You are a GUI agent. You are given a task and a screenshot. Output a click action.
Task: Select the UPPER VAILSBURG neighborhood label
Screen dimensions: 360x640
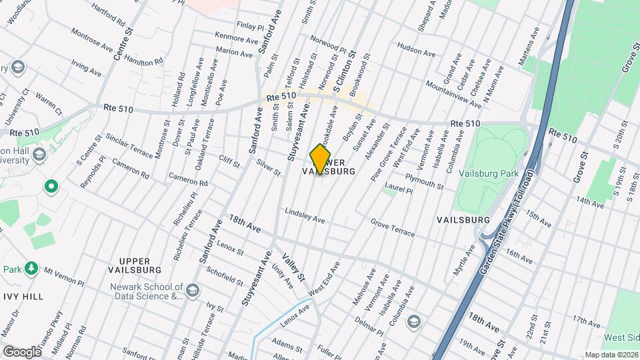click(x=135, y=265)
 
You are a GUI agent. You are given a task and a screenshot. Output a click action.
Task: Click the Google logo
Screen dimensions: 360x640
click(x=22, y=351)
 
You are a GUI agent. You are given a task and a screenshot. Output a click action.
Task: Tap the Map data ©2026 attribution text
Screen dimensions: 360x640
click(x=611, y=355)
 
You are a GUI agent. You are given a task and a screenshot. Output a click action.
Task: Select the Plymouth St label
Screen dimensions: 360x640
click(x=424, y=180)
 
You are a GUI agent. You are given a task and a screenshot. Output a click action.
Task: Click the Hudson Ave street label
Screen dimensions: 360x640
click(x=416, y=50)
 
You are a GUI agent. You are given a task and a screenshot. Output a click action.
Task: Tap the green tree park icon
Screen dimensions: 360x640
click(x=31, y=268)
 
